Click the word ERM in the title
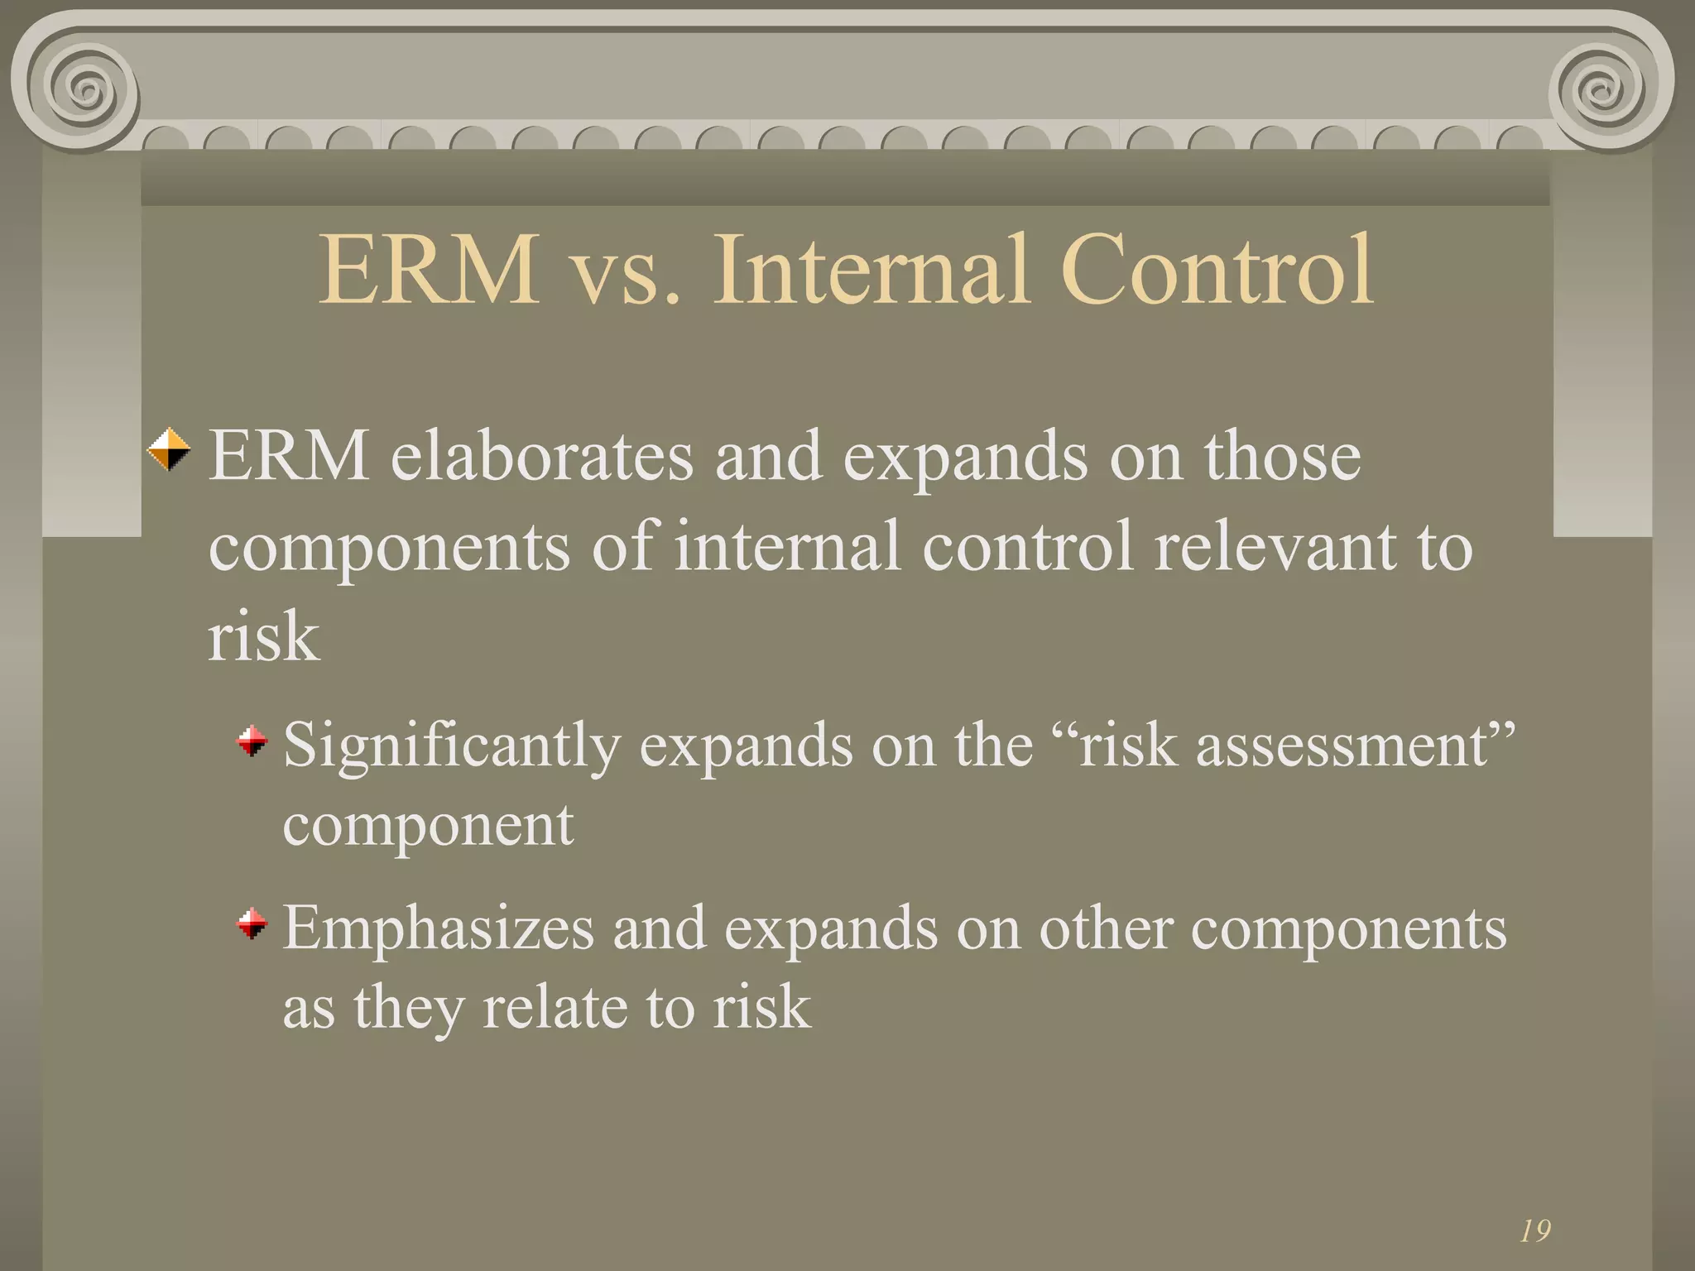429,271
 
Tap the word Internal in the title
872,271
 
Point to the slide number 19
1535,1230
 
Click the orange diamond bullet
169,449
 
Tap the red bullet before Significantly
252,741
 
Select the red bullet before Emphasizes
252,923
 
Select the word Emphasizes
439,928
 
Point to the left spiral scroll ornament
83,87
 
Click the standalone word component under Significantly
428,826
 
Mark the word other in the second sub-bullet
1105,928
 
